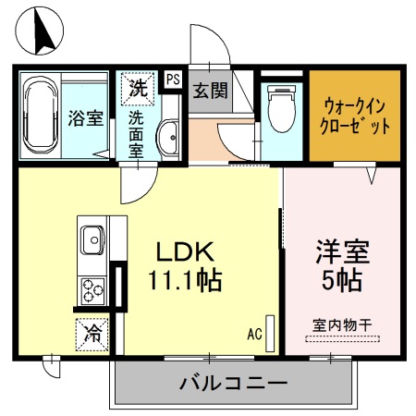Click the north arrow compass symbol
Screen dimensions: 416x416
click(x=41, y=31)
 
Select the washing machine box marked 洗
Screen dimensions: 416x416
click(x=137, y=90)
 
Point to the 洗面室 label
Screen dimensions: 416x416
click(x=136, y=134)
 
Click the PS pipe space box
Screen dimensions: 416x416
click(x=173, y=80)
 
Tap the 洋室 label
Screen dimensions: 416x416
click(x=343, y=251)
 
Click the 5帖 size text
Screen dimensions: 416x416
click(x=343, y=278)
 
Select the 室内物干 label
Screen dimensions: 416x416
click(x=341, y=324)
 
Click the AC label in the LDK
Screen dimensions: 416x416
click(x=255, y=333)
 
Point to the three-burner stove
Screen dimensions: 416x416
click(x=92, y=290)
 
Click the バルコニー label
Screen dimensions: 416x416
click(x=233, y=382)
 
